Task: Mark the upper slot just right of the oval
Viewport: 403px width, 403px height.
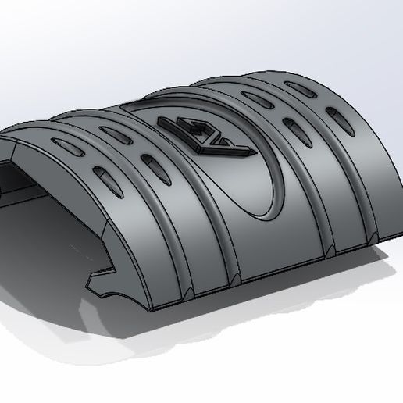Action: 255,98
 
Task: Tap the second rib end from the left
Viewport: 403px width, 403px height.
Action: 234,279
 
